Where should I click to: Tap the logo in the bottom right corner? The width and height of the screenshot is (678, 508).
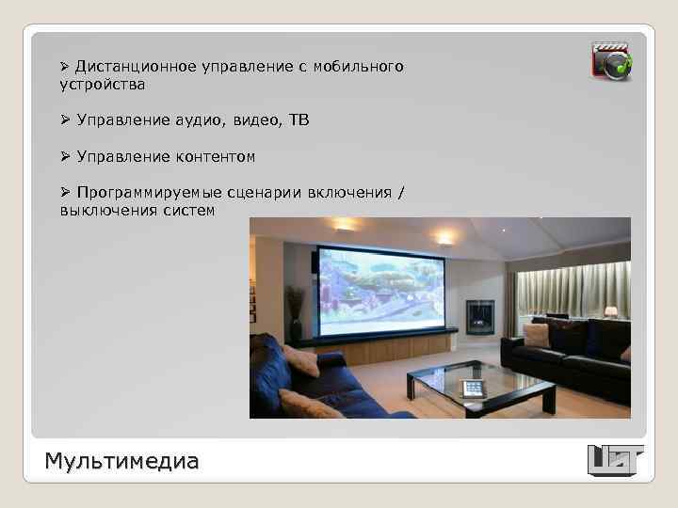pyautogui.click(x=615, y=460)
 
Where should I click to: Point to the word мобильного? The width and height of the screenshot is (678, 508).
pyautogui.click(x=363, y=67)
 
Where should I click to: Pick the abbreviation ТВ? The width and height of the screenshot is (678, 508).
pyautogui.click(x=297, y=120)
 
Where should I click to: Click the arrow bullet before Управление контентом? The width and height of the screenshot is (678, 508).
pyautogui.click(x=65, y=156)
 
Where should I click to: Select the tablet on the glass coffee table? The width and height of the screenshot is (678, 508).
pyautogui.click(x=471, y=387)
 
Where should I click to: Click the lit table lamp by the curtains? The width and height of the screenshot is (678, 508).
pyautogui.click(x=611, y=311)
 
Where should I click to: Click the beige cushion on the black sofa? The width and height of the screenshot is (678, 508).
pyautogui.click(x=537, y=334)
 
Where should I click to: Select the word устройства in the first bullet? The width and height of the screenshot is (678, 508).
pyautogui.click(x=102, y=85)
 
